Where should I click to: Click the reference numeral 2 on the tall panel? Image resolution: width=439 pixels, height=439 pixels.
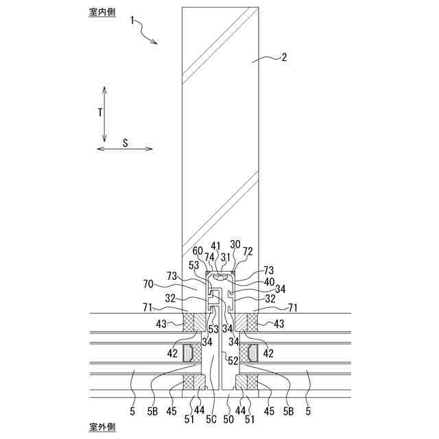coord(284,58)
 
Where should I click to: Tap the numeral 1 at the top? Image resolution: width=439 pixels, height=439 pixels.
coord(133,21)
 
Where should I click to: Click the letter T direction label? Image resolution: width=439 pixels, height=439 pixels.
coord(99,111)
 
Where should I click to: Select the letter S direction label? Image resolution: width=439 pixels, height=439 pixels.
coord(126,143)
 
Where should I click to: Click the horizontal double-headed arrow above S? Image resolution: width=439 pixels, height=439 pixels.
coord(124,148)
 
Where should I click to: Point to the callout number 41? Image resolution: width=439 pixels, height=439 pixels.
coord(215,246)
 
